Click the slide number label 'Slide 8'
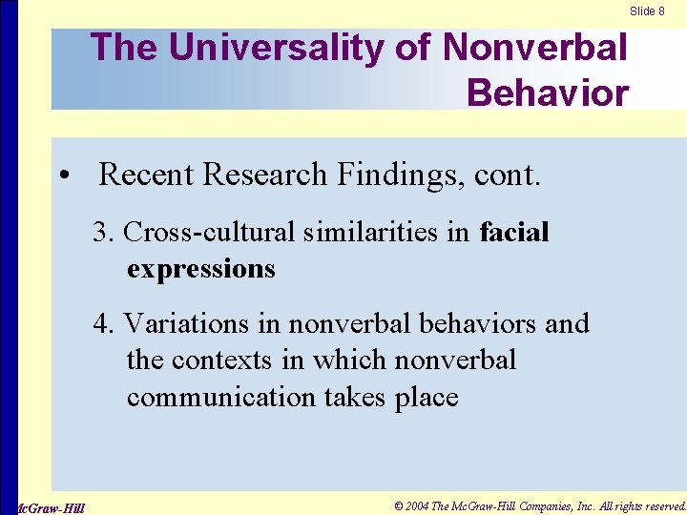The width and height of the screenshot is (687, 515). (647, 11)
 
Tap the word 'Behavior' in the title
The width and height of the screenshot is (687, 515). (547, 93)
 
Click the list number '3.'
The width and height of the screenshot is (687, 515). (104, 232)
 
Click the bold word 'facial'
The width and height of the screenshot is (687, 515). (514, 232)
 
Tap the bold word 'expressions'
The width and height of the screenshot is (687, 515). (200, 268)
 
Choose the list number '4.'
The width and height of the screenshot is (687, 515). (104, 323)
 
